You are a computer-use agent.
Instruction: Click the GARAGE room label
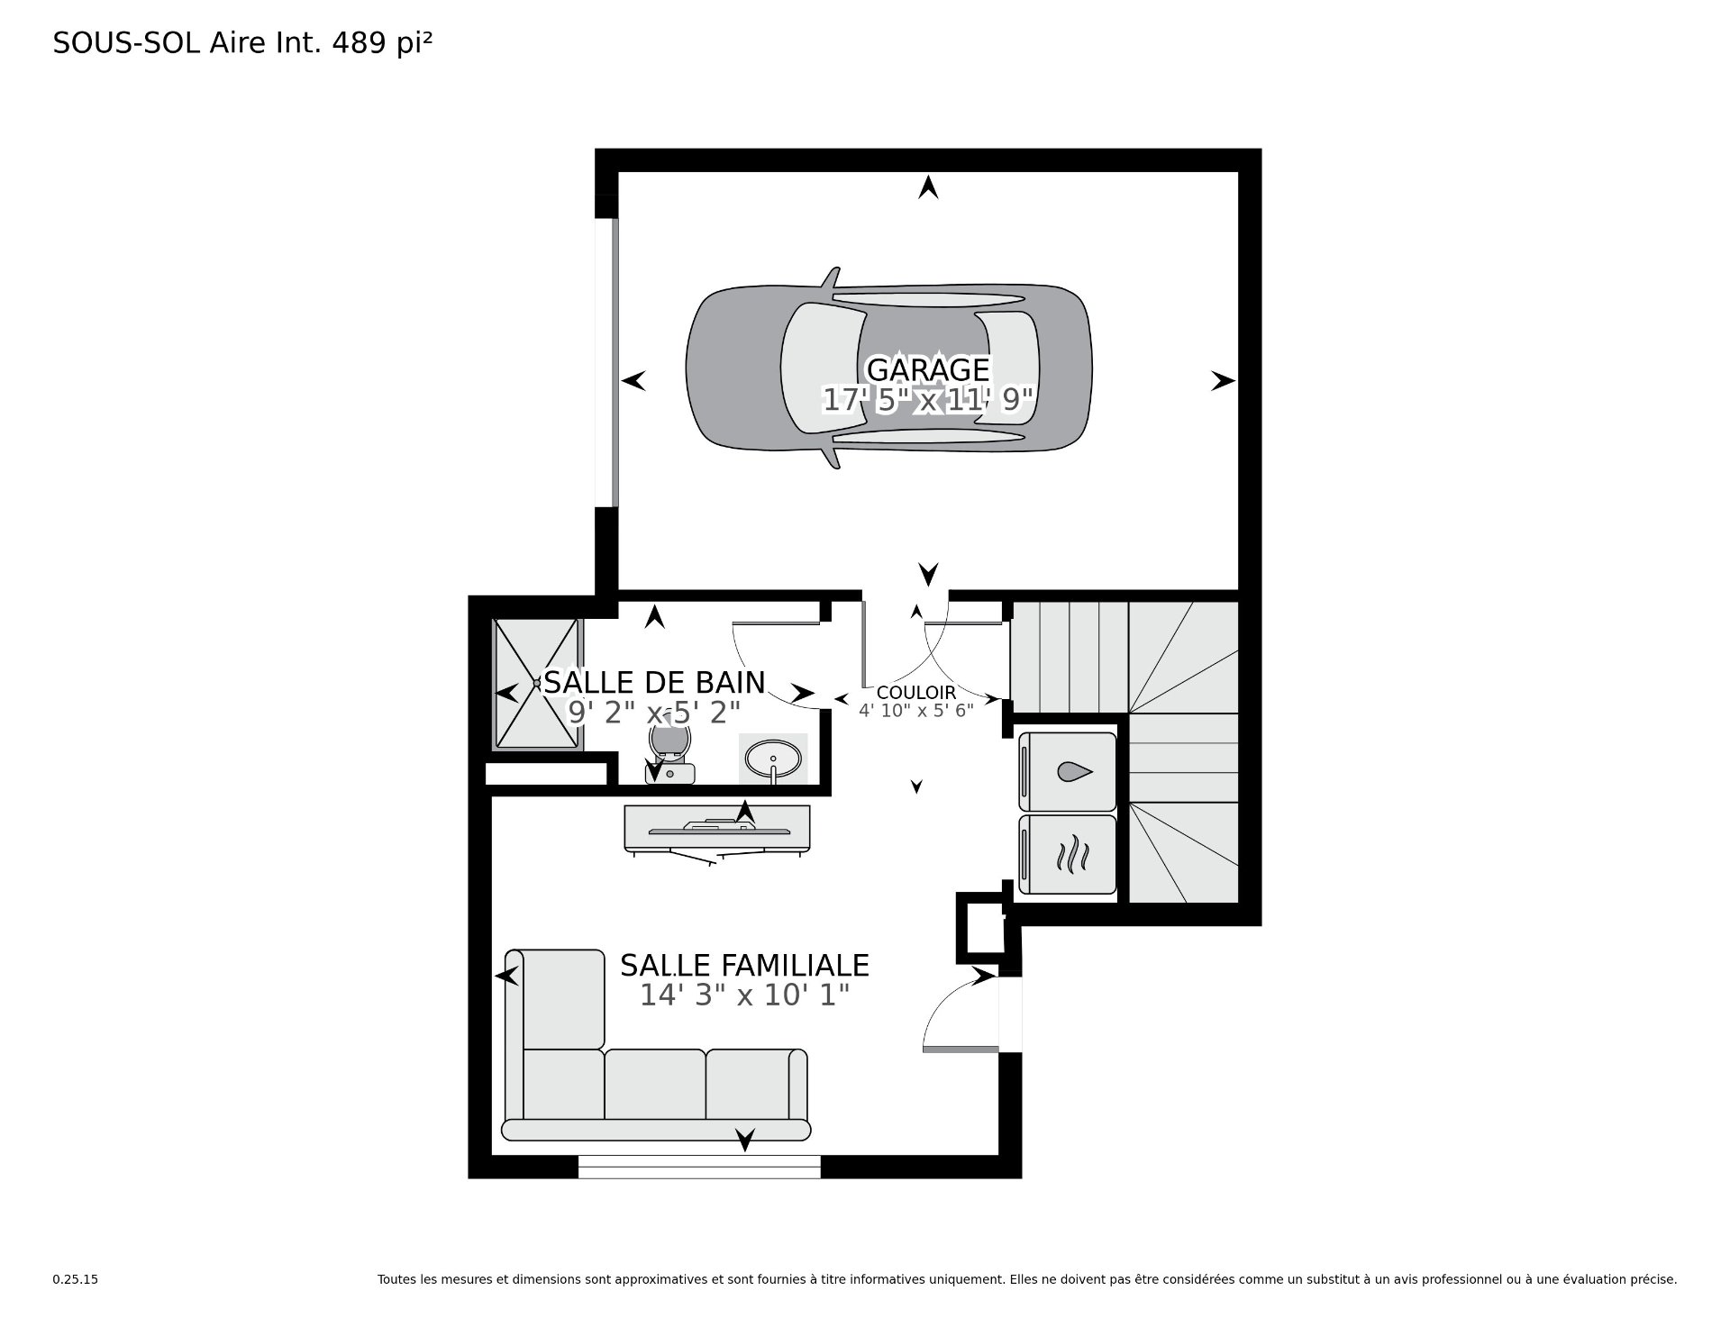point(928,369)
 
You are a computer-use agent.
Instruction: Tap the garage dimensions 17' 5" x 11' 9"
point(927,399)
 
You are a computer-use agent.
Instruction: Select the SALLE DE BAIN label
point(654,682)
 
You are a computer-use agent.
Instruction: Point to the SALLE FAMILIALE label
point(744,965)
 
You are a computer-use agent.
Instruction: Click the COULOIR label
point(915,693)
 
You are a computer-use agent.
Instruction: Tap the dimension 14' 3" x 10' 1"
point(745,995)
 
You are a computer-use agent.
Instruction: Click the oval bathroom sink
point(773,759)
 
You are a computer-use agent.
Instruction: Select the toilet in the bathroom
point(670,753)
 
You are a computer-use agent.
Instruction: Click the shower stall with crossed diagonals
point(536,684)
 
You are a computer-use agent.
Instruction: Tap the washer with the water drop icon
point(1068,771)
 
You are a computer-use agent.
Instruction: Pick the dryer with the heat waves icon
point(1068,854)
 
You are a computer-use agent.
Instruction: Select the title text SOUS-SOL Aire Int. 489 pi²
point(242,43)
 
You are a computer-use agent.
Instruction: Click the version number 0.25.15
point(75,1304)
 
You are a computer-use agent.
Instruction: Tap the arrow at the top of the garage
point(928,187)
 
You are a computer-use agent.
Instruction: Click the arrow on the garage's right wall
point(1223,381)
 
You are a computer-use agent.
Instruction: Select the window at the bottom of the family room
point(699,1167)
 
